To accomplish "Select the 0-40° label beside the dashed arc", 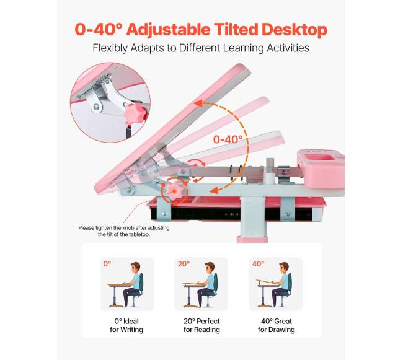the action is [228, 139].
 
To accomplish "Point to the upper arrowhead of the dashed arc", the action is [198, 103].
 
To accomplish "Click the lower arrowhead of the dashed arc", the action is [214, 190].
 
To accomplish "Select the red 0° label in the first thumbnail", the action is [107, 264].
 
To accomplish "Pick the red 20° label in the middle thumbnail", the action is [184, 264].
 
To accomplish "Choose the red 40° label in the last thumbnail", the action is [258, 264].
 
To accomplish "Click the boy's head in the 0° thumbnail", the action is [135, 268].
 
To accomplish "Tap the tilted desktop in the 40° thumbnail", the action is [268, 282].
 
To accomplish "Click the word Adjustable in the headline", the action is [169, 30].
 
